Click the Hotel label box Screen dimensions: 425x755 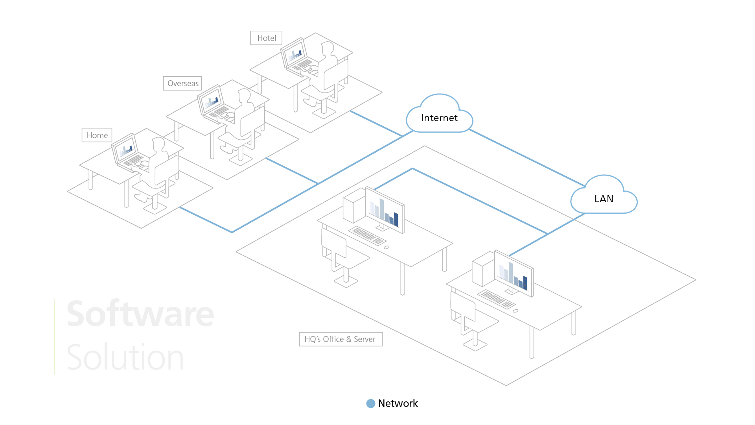[266, 38]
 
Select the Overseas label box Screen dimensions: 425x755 [182, 83]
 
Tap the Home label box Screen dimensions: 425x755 [97, 135]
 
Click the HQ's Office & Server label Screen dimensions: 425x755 [341, 339]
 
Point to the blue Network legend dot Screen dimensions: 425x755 [370, 403]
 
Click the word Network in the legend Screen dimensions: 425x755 [398, 403]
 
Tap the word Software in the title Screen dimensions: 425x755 [140, 314]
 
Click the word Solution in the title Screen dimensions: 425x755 [125, 357]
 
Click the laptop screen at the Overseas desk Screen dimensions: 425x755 [211, 100]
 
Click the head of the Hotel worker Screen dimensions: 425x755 [328, 48]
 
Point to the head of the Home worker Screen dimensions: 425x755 [159, 144]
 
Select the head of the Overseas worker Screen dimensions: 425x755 [244, 96]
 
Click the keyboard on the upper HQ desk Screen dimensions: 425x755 [367, 235]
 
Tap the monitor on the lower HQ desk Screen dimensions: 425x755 [513, 273]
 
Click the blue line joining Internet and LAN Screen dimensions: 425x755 [527, 157]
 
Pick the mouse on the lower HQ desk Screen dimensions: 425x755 [516, 311]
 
